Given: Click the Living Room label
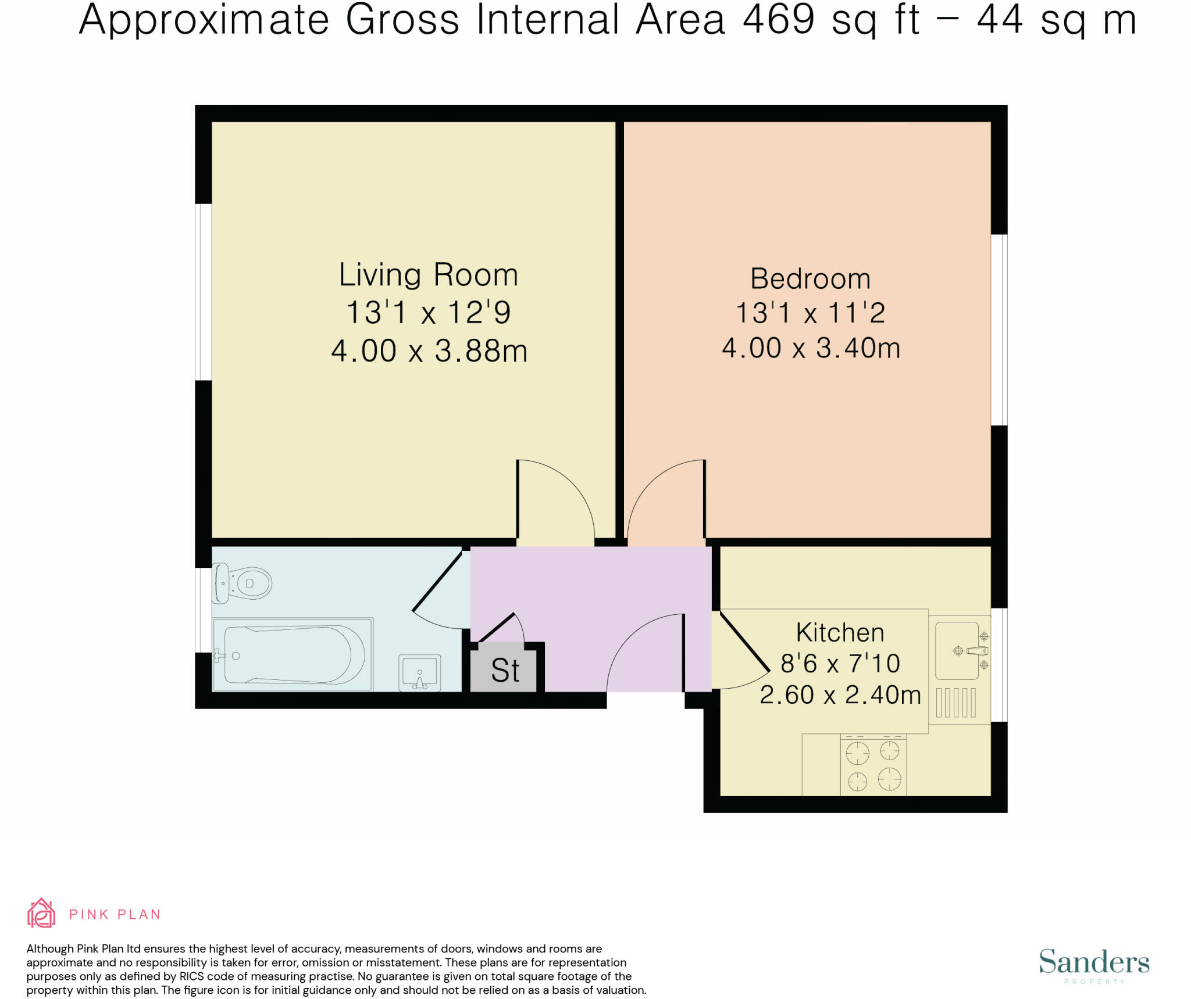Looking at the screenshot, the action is [x=428, y=275].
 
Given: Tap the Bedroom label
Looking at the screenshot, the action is [x=810, y=279].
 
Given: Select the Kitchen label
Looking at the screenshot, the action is [x=840, y=632].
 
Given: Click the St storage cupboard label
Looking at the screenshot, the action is [x=505, y=671].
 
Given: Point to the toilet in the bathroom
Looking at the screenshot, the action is [x=243, y=582].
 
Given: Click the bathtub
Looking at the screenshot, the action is [x=293, y=654].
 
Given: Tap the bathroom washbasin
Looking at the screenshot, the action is [x=419, y=673].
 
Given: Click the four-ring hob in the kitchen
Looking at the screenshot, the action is [x=873, y=765].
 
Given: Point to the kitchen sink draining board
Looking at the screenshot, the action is [x=955, y=703].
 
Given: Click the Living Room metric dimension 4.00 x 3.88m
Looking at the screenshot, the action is [x=429, y=351].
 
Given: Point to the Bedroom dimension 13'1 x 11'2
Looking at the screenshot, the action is [x=810, y=313].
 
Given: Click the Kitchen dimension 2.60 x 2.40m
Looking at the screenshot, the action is [x=840, y=695].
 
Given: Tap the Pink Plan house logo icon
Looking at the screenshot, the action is [x=41, y=913].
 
